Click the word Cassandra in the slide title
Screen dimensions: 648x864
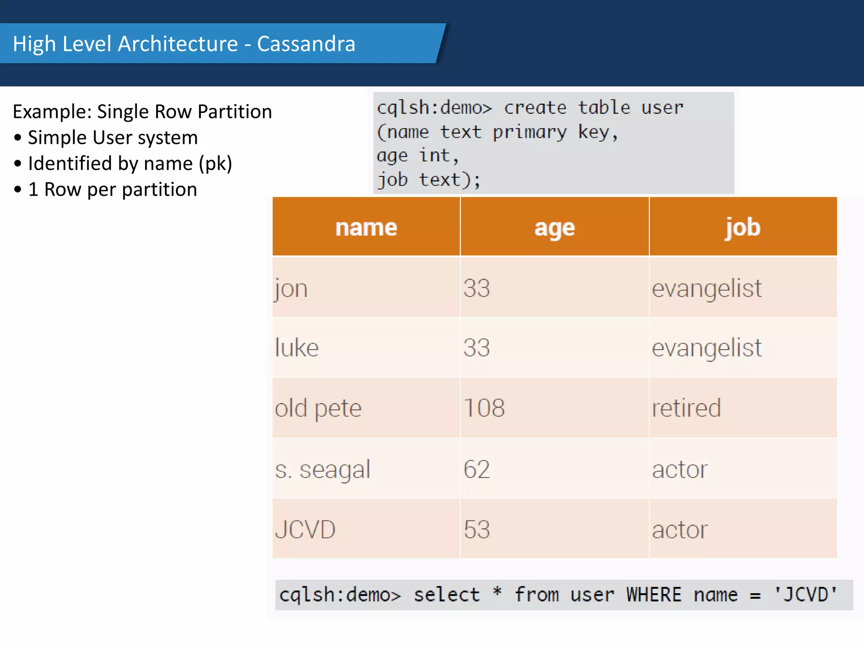pyautogui.click(x=306, y=44)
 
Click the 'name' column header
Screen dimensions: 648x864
pyautogui.click(x=366, y=227)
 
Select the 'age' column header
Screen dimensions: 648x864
pyautogui.click(x=554, y=228)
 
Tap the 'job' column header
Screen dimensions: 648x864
pyautogui.click(x=743, y=227)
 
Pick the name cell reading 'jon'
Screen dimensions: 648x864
pyautogui.click(x=291, y=289)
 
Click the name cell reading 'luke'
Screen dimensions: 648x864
pyautogui.click(x=297, y=348)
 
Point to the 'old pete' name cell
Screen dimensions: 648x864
pyautogui.click(x=318, y=408)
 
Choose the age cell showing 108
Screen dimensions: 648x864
pyautogui.click(x=484, y=408)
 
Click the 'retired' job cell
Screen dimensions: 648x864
pyautogui.click(x=686, y=408)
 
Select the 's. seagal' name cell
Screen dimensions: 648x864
pyautogui.click(x=323, y=470)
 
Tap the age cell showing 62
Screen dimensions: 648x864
pyautogui.click(x=477, y=469)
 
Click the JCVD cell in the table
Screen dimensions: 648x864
pyautogui.click(x=305, y=529)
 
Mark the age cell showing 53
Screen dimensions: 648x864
pyautogui.click(x=477, y=529)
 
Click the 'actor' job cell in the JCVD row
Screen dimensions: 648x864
pyautogui.click(x=680, y=530)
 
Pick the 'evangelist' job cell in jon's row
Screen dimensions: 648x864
pyautogui.click(x=707, y=289)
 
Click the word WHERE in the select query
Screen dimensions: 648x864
pyautogui.click(x=653, y=595)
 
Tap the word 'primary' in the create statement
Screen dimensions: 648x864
pyautogui.click(x=529, y=132)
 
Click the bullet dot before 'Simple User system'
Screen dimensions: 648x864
pyautogui.click(x=18, y=138)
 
